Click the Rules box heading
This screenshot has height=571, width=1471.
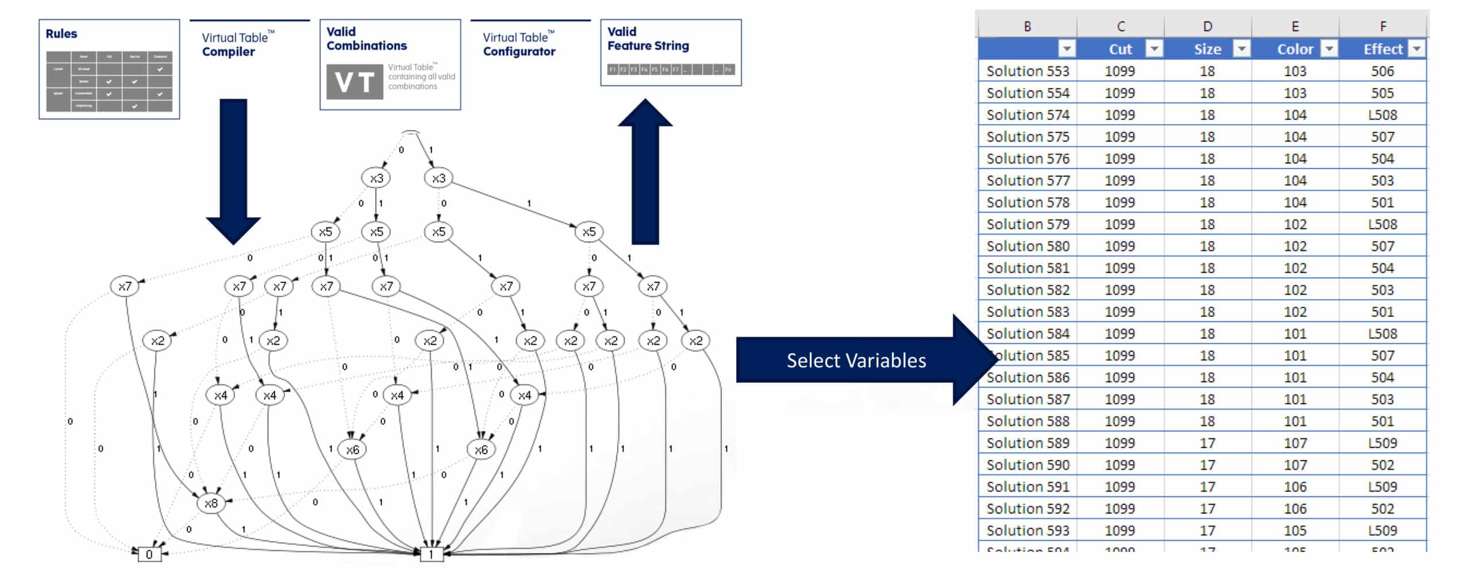click(x=61, y=34)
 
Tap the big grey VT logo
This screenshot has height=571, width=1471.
click(x=354, y=82)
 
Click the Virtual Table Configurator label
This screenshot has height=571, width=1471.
click(x=519, y=44)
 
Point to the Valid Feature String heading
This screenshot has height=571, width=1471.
click(x=648, y=39)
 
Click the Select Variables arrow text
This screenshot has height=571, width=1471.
click(x=856, y=361)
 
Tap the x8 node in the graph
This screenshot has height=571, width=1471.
click(x=211, y=504)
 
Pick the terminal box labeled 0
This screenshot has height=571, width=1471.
click(x=149, y=554)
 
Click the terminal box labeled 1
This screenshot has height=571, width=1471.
click(x=431, y=554)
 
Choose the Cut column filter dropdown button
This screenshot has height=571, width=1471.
click(x=1154, y=49)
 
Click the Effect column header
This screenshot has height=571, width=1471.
click(x=1383, y=49)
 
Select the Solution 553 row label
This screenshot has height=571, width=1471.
click(x=1027, y=71)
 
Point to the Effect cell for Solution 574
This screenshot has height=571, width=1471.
click(x=1382, y=115)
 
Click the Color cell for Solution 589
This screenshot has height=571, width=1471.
click(x=1295, y=443)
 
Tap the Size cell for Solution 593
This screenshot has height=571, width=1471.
click(x=1207, y=531)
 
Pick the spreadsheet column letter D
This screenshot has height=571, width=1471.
click(x=1207, y=26)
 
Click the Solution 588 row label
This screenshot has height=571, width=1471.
click(x=1027, y=421)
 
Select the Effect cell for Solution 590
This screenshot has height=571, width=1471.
click(x=1382, y=465)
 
